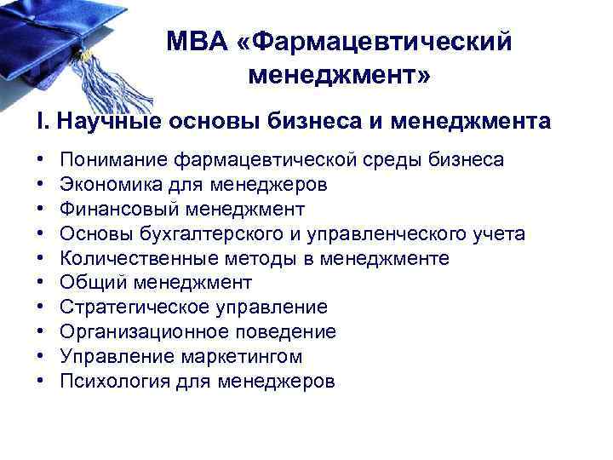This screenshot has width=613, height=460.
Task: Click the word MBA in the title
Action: [197, 42]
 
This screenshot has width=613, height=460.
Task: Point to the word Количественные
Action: [135, 258]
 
